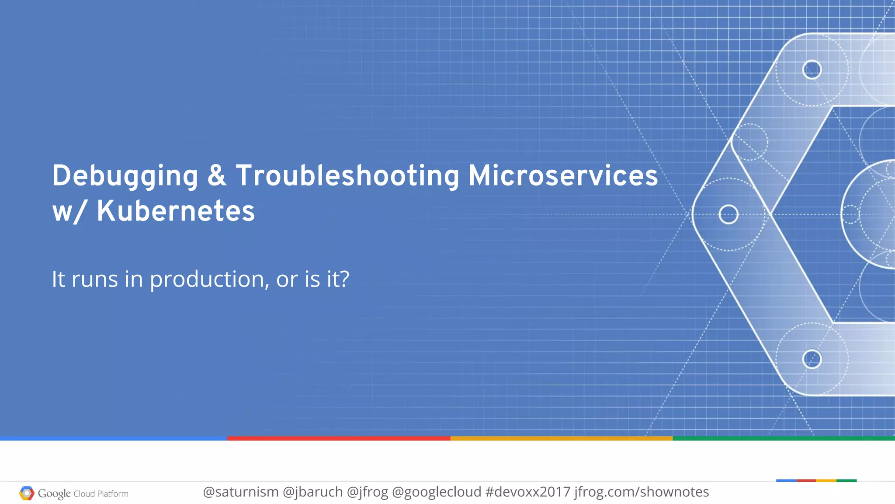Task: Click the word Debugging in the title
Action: [x=125, y=176]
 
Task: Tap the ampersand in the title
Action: [x=217, y=175]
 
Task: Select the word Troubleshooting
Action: [x=347, y=176]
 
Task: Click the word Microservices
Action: [x=563, y=175]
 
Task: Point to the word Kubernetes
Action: [x=175, y=211]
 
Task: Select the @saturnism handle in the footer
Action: [x=241, y=492]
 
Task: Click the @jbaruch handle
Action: [x=312, y=492]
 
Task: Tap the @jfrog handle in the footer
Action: [x=367, y=492]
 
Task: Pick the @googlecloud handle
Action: [x=437, y=492]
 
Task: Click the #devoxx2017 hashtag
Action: [x=528, y=492]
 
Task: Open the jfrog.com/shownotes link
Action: [x=642, y=492]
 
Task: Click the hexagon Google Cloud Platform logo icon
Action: [x=27, y=493]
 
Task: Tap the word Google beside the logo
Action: [x=54, y=493]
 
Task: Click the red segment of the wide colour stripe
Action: [x=339, y=438]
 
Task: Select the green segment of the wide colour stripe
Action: [x=784, y=438]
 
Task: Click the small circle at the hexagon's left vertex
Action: [x=728, y=214]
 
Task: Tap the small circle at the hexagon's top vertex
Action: [x=812, y=70]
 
